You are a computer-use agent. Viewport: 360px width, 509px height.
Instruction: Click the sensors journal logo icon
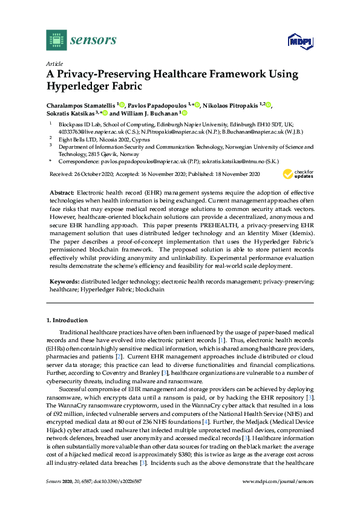tap(56, 41)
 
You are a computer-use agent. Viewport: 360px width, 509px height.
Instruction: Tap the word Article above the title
tap(54, 63)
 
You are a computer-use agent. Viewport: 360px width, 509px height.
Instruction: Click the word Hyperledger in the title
tap(76, 86)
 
